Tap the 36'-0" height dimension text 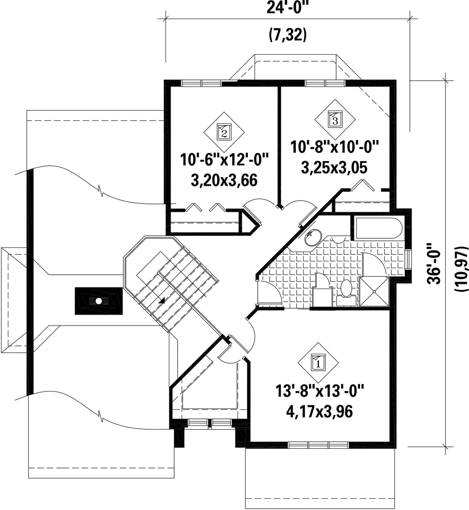(x=435, y=263)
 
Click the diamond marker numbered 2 (x=224, y=132)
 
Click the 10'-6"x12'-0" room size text (x=225, y=160)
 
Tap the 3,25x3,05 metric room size (x=334, y=168)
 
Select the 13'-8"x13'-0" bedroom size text (x=319, y=390)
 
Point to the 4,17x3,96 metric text (x=319, y=412)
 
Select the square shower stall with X (x=374, y=292)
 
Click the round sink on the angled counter (x=313, y=237)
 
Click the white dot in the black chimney (x=98, y=301)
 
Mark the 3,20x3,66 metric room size (x=224, y=181)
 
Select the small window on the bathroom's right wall (x=409, y=260)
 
